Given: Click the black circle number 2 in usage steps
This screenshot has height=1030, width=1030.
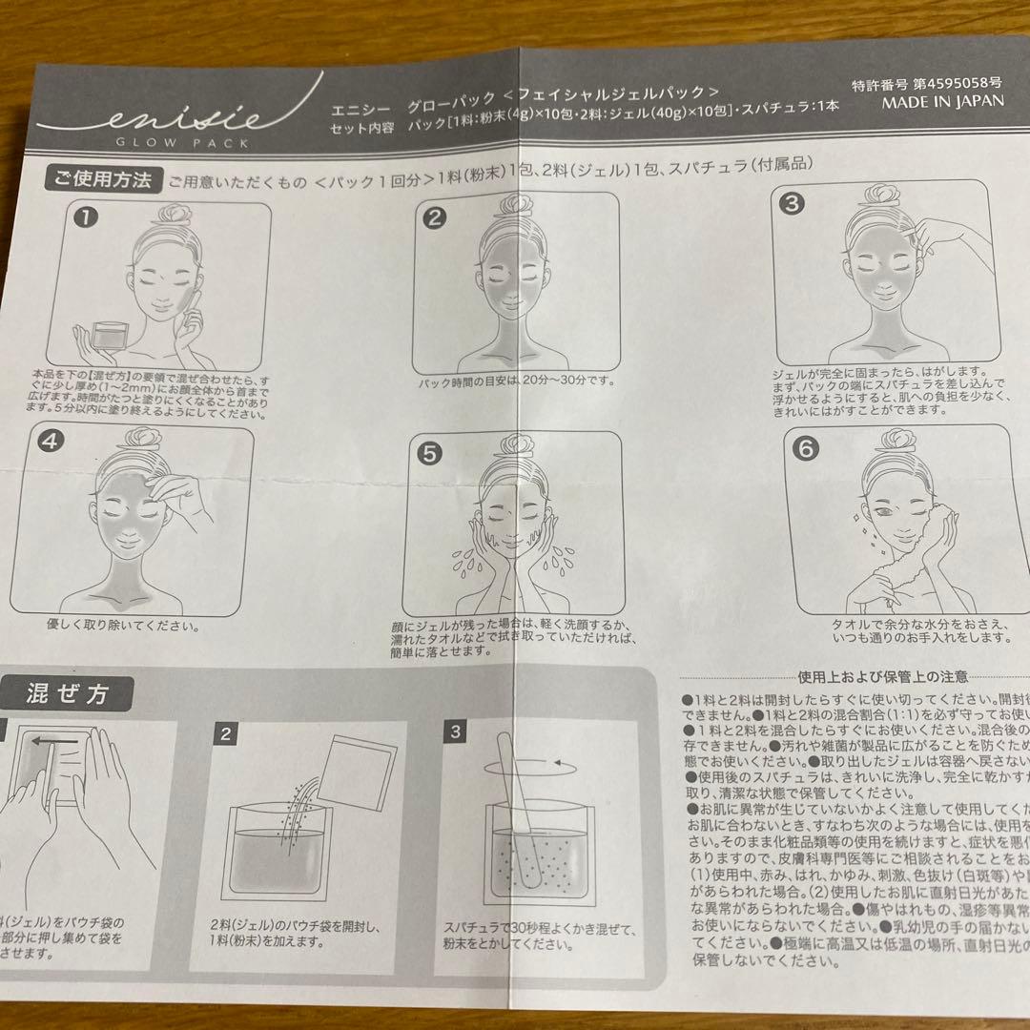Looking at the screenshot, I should pos(434,218).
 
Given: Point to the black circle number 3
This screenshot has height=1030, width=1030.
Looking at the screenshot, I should pos(793,203).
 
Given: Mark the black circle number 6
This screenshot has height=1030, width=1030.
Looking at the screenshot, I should pos(806,448).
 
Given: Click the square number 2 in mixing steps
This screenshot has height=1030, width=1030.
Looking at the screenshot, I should pos(226,733).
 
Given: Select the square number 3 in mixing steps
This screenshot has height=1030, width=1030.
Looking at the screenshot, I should pos(456,732).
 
